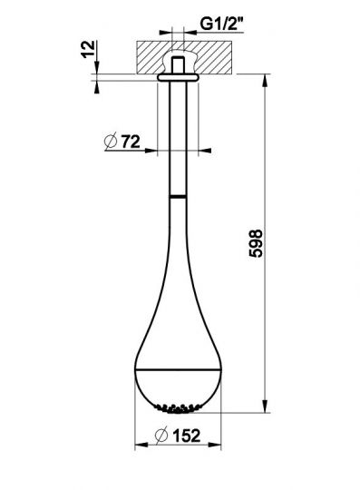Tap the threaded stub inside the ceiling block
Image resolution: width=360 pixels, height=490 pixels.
pos(179,65)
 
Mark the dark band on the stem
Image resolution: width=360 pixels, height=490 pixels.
pos(179,194)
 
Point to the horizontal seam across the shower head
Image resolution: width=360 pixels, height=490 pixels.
pos(179,371)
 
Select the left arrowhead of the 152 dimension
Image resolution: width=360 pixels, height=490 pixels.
pos(139,445)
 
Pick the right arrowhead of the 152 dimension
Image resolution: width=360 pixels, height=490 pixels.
pos(219,445)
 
